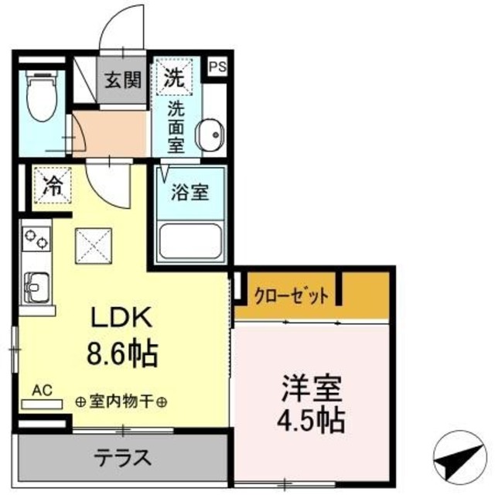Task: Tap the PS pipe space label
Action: (x=217, y=67)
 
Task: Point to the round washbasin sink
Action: (x=208, y=136)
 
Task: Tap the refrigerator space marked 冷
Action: (x=52, y=186)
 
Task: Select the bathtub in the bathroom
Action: (x=189, y=241)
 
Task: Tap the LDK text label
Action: (x=125, y=319)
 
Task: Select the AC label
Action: (x=43, y=391)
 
